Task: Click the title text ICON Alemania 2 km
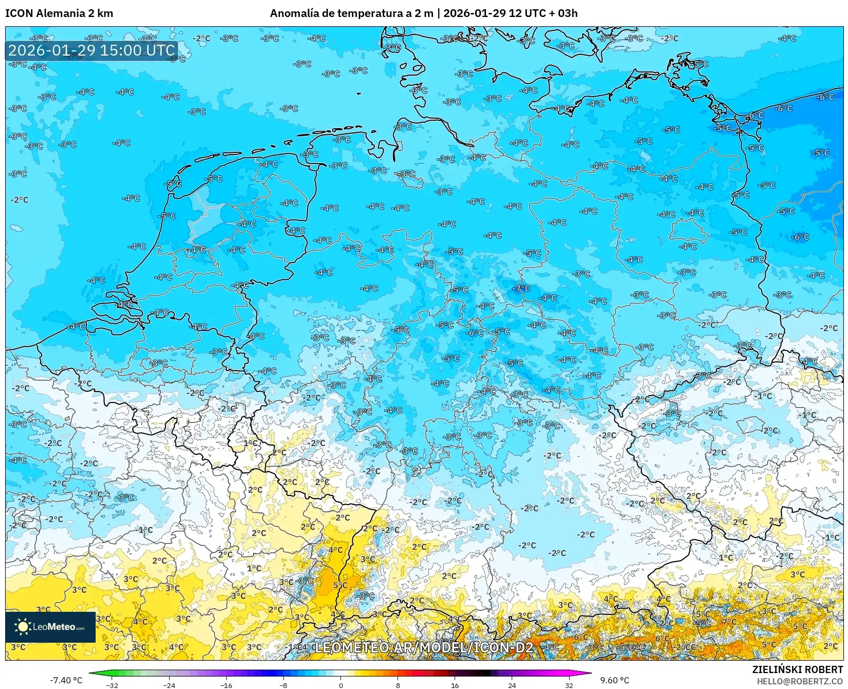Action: pyautogui.click(x=59, y=13)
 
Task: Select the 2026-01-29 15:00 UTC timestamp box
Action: pyautogui.click(x=92, y=50)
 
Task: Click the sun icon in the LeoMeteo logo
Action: pyautogui.click(x=23, y=626)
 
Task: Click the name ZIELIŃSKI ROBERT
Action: pyautogui.click(x=797, y=669)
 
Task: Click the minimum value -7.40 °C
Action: pyautogui.click(x=66, y=680)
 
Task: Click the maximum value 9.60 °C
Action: pyautogui.click(x=615, y=680)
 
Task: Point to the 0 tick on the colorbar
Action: pyautogui.click(x=340, y=685)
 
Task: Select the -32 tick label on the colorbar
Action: pyautogui.click(x=112, y=685)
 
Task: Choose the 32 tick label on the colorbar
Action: pyautogui.click(x=569, y=685)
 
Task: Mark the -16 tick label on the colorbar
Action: pyautogui.click(x=226, y=685)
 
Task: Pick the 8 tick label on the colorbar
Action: pyautogui.click(x=398, y=685)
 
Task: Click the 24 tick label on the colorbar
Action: pyautogui.click(x=512, y=685)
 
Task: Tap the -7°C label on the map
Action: pyautogui.click(x=522, y=288)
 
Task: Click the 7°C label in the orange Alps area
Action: pyautogui.click(x=729, y=622)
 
